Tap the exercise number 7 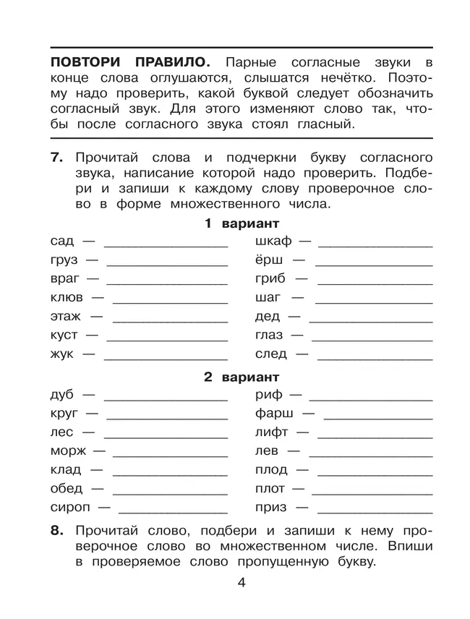59,158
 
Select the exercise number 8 59,531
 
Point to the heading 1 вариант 242,223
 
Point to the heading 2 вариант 242,377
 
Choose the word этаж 66,317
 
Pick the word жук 62,354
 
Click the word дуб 62,395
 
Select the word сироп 69,507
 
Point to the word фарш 274,414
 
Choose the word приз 271,507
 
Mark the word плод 271,469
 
